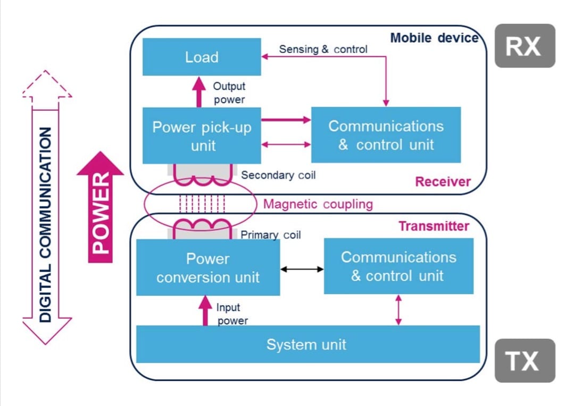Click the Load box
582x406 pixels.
tap(202, 57)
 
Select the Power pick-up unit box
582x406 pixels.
tap(202, 135)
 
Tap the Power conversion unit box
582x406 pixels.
tap(208, 267)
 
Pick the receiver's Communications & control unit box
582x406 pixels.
tap(386, 135)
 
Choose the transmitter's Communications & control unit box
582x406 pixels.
tap(398, 266)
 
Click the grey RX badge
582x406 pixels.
tap(525, 46)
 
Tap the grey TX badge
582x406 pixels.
tap(525, 361)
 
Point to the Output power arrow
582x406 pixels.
tap(199, 92)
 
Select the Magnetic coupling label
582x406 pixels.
tap(318, 204)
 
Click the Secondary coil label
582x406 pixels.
tap(278, 175)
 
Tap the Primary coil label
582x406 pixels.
tap(271, 235)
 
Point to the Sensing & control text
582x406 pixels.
tap(323, 50)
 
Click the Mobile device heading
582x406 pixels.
tap(434, 38)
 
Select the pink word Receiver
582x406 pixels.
tap(443, 182)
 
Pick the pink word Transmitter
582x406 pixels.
tap(434, 226)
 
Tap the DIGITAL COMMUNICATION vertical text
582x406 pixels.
tap(47, 224)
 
